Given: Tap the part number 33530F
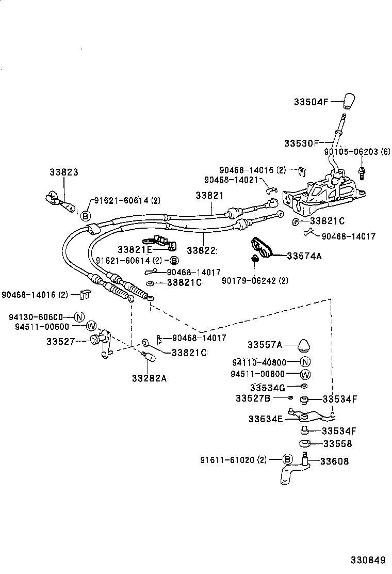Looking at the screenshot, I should point(301,142).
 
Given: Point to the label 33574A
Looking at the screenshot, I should point(304,256).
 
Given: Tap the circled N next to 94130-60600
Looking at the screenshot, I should point(78,317).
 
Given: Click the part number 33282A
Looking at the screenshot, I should point(150,377).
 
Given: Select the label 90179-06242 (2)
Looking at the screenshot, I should point(255,280).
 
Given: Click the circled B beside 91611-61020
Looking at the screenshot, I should point(288,459).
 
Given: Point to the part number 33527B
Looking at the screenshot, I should point(253,398).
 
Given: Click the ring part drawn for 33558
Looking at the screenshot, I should point(305,443).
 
